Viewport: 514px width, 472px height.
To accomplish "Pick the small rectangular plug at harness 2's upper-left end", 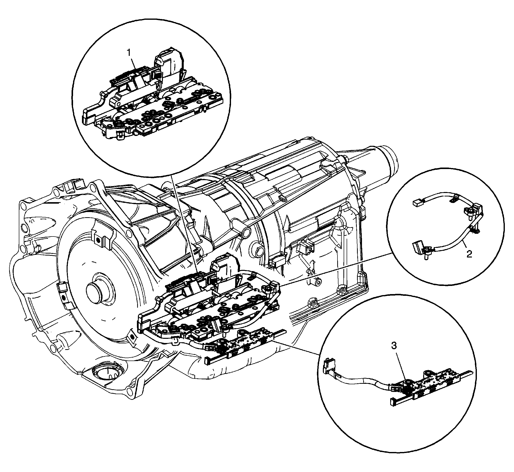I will point(416,203).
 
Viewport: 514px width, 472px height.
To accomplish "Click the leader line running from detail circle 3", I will point(297,345).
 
